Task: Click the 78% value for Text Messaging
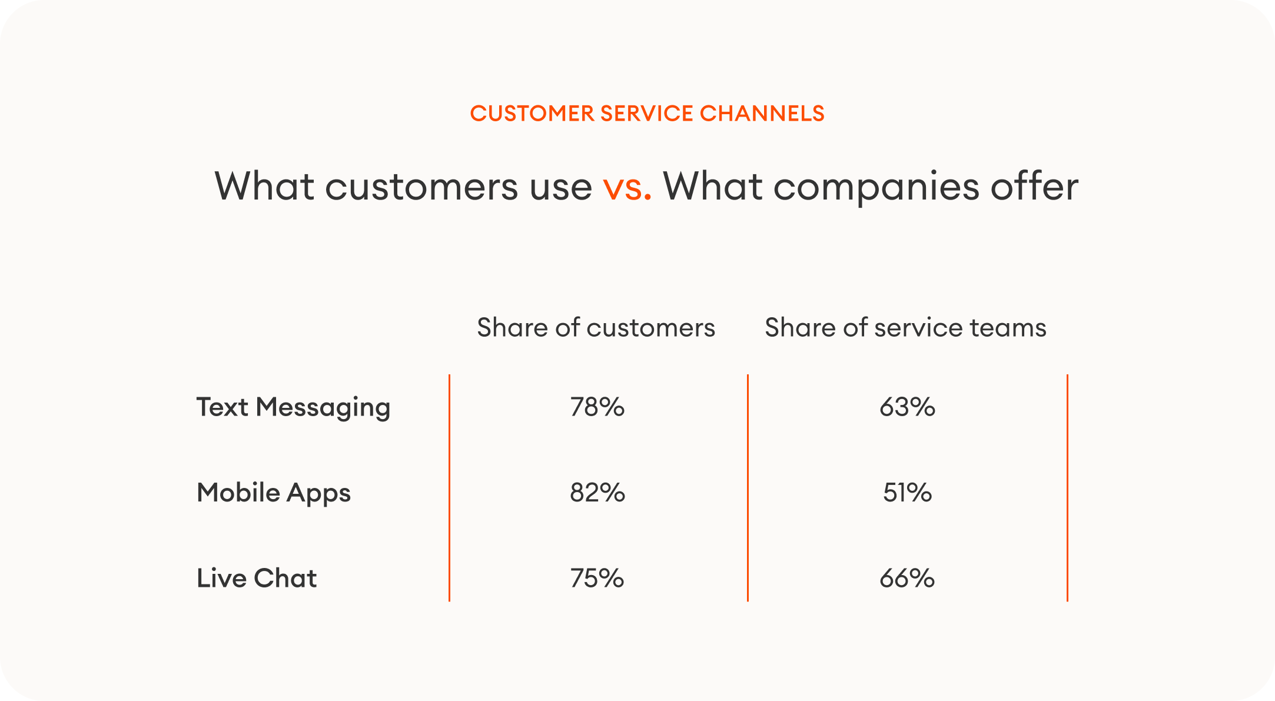point(597,407)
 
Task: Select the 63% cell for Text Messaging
point(907,407)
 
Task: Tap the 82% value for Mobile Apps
point(597,493)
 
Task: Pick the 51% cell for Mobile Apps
point(907,493)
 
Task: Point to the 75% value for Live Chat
point(597,579)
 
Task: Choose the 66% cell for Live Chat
point(907,579)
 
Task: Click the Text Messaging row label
point(293,407)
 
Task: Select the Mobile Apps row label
point(274,493)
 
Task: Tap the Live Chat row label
point(257,579)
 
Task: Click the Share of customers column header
point(596,328)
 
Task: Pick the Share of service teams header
point(905,328)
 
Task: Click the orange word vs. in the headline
point(627,187)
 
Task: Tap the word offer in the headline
point(1034,187)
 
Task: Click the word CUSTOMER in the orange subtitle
point(532,114)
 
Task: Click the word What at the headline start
point(264,187)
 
